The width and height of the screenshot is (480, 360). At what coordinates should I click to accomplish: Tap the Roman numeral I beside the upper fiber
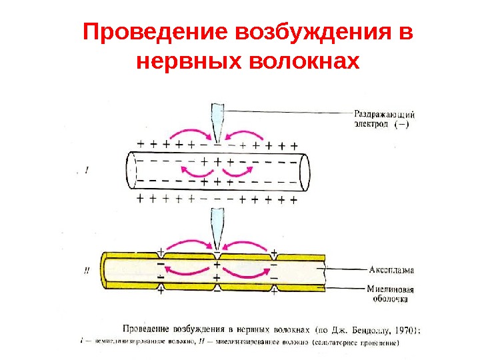click(x=87, y=171)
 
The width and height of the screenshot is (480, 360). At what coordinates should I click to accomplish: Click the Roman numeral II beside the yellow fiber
click(x=87, y=271)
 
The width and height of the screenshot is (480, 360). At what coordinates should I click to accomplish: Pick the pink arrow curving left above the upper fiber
click(x=190, y=127)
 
